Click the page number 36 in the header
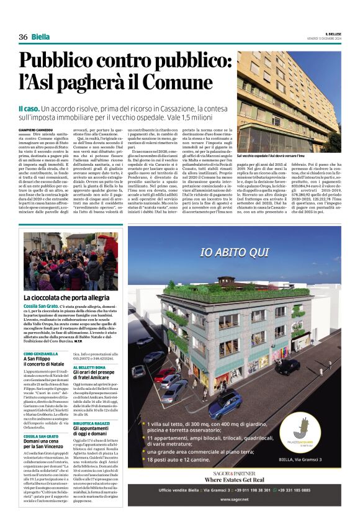point(23,37)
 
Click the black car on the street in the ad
point(271,367)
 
